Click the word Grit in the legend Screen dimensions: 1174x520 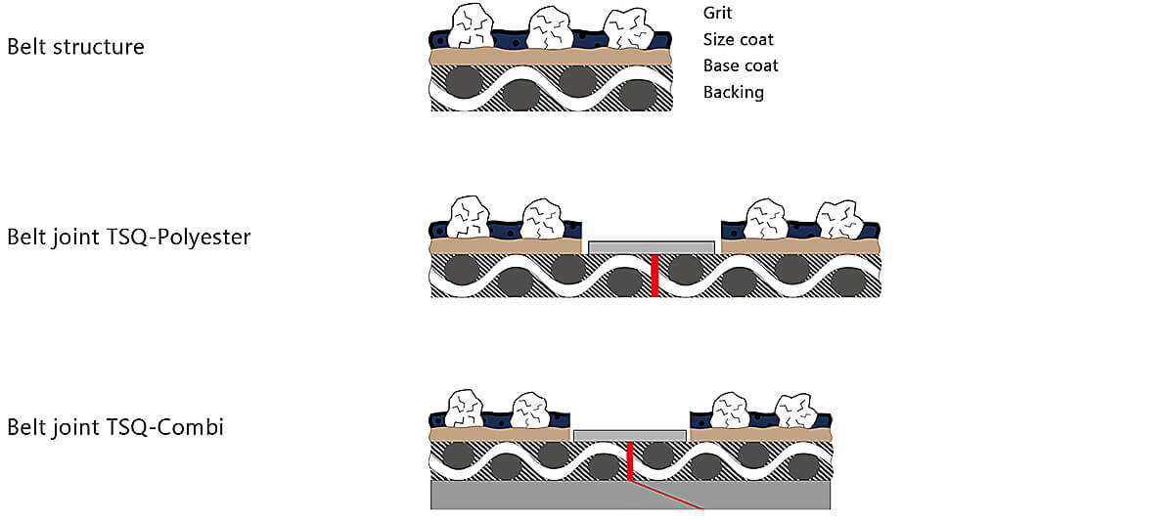click(x=717, y=13)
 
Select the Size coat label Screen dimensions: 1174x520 click(x=738, y=39)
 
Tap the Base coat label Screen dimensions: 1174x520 click(x=741, y=65)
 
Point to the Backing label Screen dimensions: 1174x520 click(x=733, y=92)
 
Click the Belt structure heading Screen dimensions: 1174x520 click(x=75, y=47)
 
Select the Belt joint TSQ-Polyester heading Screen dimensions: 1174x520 click(x=129, y=238)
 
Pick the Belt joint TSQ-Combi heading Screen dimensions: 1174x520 click(x=115, y=427)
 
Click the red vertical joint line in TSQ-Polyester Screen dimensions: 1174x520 click(x=655, y=276)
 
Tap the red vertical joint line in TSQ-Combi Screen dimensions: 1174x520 click(x=630, y=460)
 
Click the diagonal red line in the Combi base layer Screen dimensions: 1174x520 click(x=666, y=495)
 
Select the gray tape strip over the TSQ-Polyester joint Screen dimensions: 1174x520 click(x=652, y=247)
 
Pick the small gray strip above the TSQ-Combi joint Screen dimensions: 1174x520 click(x=630, y=436)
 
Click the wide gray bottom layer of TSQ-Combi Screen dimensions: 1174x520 click(x=630, y=495)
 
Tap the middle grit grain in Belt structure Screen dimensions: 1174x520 click(x=549, y=28)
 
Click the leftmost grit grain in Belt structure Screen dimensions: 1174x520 click(x=472, y=26)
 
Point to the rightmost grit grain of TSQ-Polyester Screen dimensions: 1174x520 click(x=839, y=220)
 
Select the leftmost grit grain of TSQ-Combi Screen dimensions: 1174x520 click(x=465, y=410)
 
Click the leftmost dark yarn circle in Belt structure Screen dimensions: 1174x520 click(x=464, y=82)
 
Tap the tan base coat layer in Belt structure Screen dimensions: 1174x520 click(x=550, y=57)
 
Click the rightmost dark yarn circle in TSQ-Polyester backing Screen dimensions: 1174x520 click(x=849, y=283)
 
